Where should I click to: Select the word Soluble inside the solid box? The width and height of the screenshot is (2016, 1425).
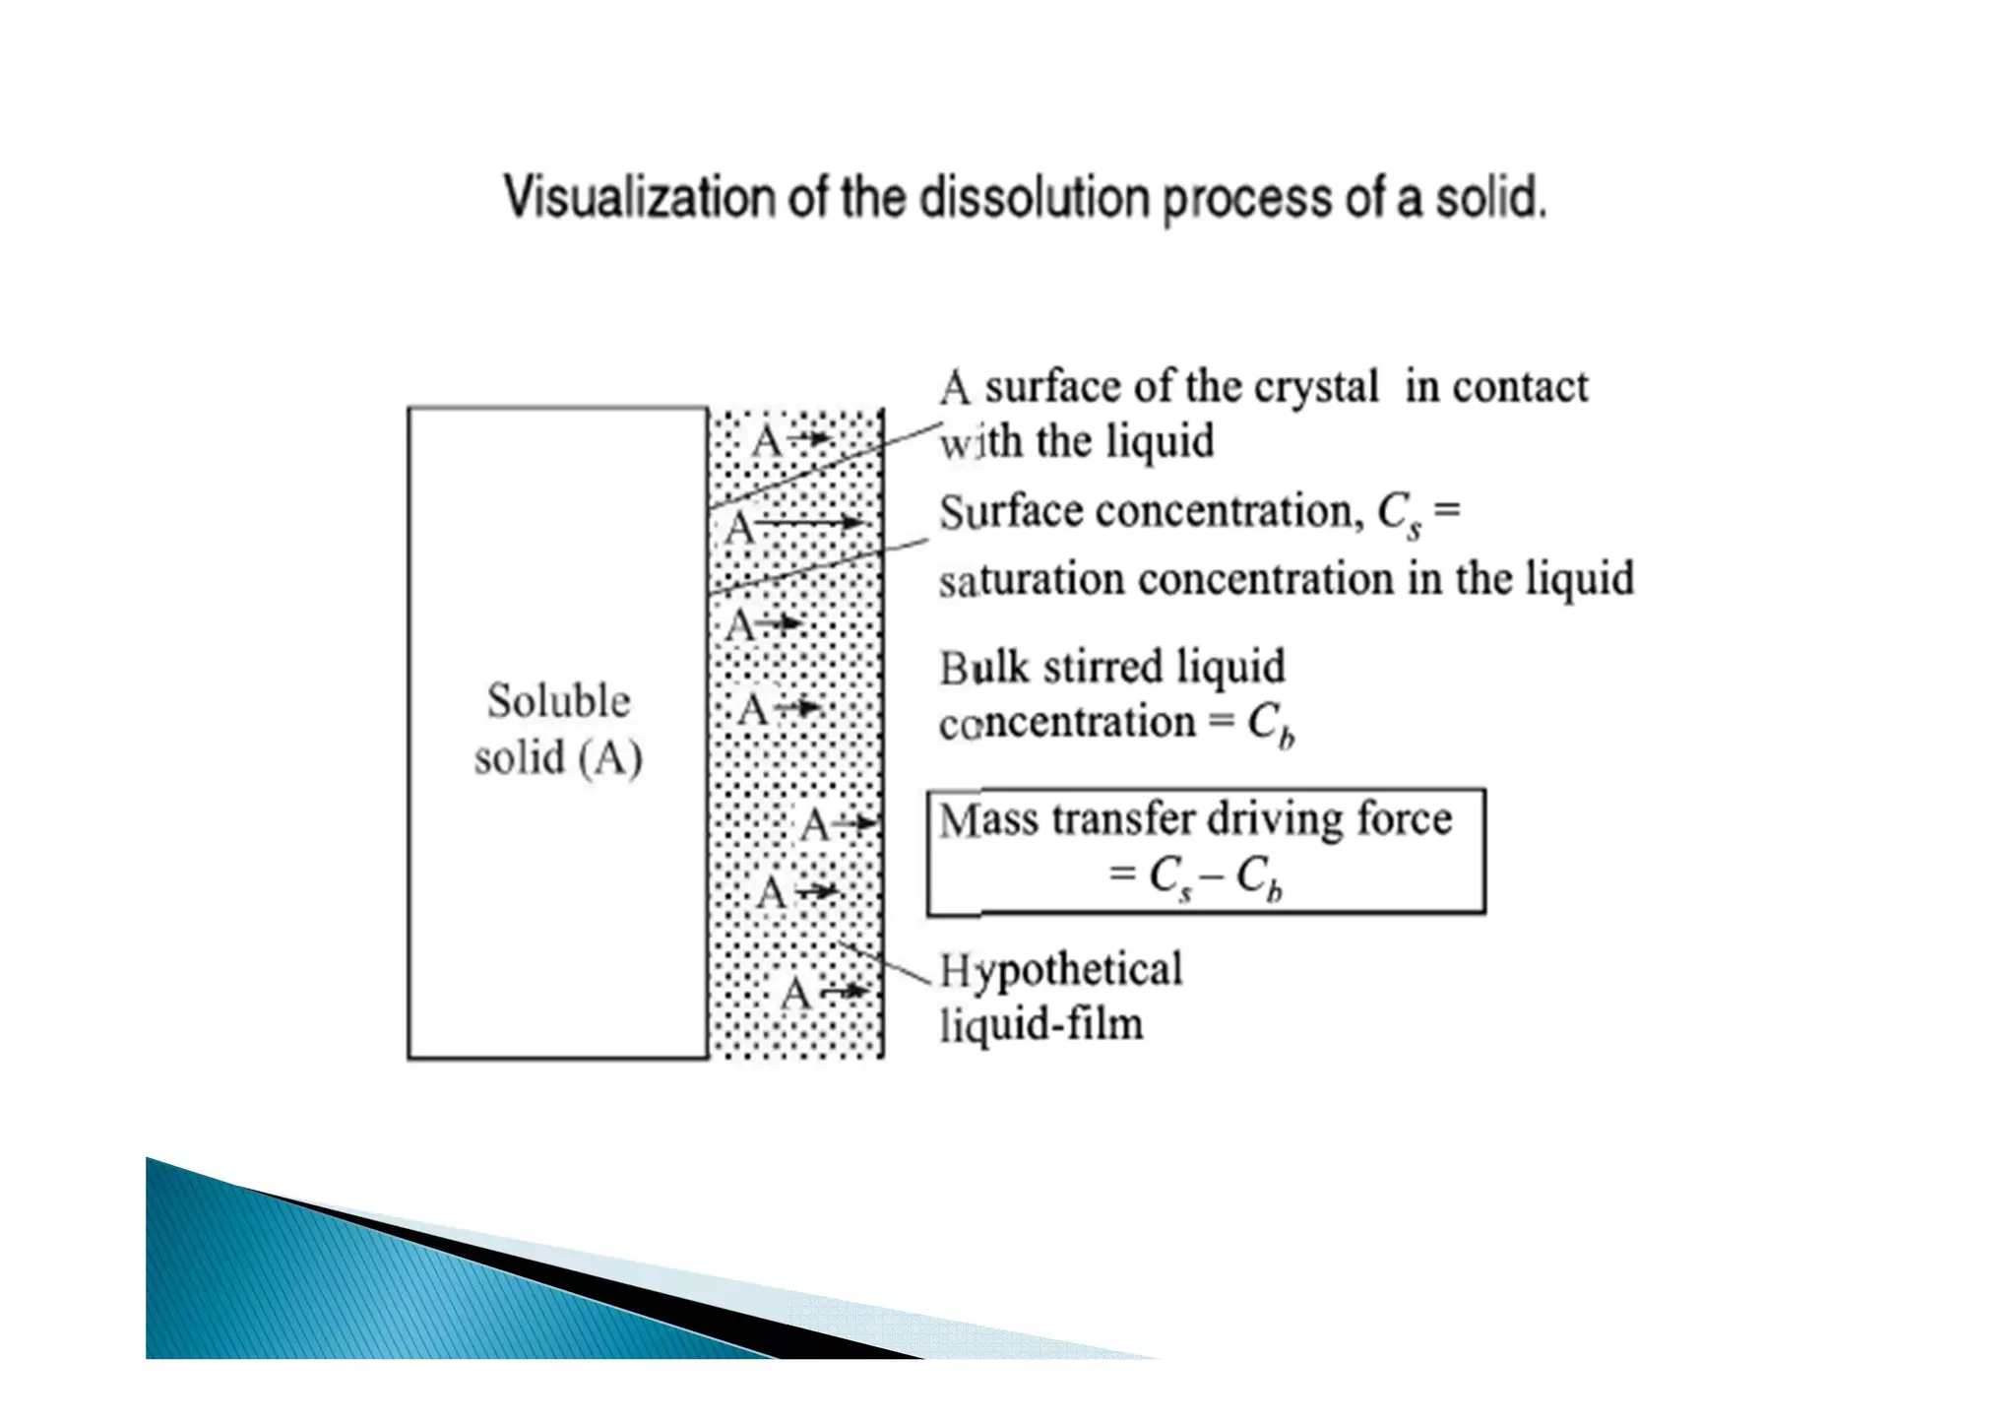pyautogui.click(x=558, y=701)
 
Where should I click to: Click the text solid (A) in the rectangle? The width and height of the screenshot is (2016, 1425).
pyautogui.click(x=558, y=758)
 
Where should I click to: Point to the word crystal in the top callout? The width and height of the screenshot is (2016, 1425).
pyautogui.click(x=1316, y=387)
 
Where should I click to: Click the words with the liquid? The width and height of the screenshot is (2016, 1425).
pyautogui.click(x=1076, y=440)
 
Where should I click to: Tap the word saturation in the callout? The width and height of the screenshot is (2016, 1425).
pyautogui.click(x=1031, y=579)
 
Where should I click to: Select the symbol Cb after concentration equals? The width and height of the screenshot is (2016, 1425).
pyautogui.click(x=1270, y=725)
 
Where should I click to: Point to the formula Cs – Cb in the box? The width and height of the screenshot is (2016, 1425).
pyautogui.click(x=1215, y=875)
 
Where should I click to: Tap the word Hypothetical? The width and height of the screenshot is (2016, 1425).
pyautogui.click(x=1060, y=970)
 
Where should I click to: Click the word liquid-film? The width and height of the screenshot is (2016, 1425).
pyautogui.click(x=1041, y=1025)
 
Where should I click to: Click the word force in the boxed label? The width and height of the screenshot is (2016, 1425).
pyautogui.click(x=1404, y=819)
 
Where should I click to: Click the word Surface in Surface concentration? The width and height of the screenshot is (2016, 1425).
pyautogui.click(x=1010, y=513)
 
